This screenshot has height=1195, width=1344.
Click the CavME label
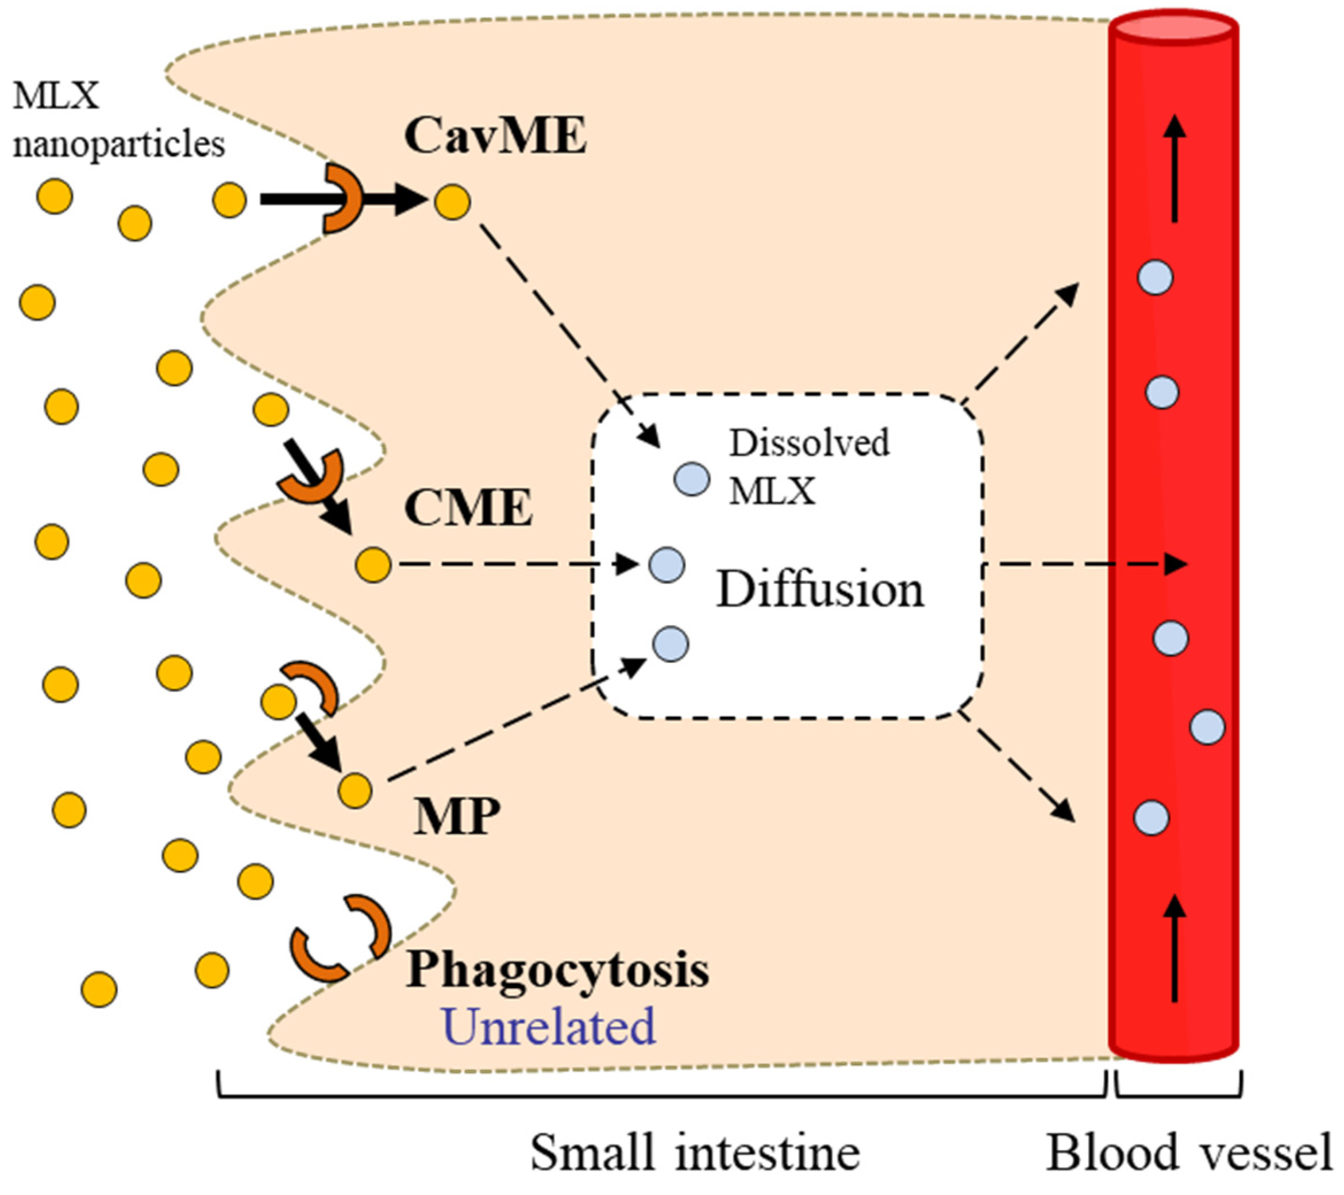click(x=495, y=136)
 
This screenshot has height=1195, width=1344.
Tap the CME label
click(x=468, y=508)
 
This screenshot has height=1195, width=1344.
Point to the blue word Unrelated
click(x=550, y=1027)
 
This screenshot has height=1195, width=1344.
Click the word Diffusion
click(x=820, y=589)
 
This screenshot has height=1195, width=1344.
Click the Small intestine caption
click(x=695, y=1153)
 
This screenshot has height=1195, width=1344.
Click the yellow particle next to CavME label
click(x=452, y=201)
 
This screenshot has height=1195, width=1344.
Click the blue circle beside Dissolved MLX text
click(x=692, y=479)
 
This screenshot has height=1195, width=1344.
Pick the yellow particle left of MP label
click(x=355, y=790)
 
